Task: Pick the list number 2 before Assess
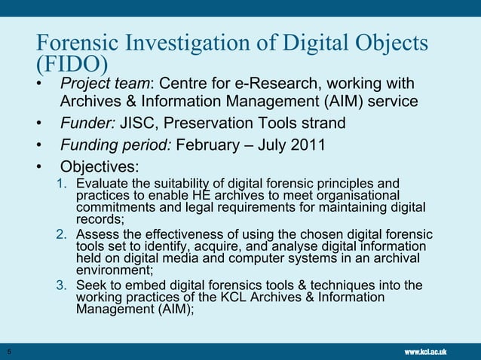click(x=63, y=233)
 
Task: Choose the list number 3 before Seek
click(x=63, y=285)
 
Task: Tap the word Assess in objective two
click(x=97, y=233)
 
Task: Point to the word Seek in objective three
click(x=91, y=285)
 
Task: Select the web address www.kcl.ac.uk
click(x=426, y=352)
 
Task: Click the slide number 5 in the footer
click(x=9, y=352)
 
